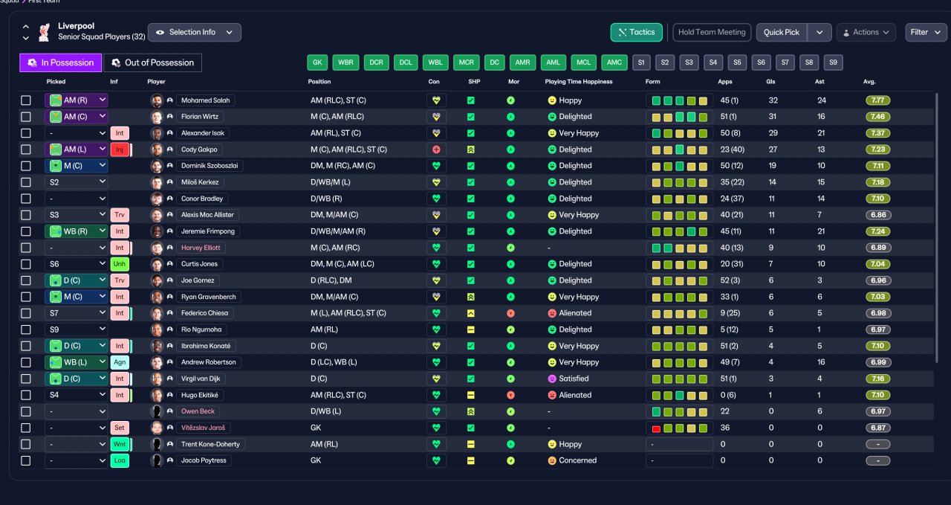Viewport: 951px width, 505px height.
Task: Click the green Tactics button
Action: pyautogui.click(x=636, y=32)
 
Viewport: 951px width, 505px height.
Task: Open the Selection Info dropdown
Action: pyautogui.click(x=195, y=32)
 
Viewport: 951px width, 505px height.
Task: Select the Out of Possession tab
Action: pyautogui.click(x=152, y=62)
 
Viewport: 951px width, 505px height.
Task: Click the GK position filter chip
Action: pyautogui.click(x=317, y=62)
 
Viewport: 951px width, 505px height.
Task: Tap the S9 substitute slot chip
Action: pyautogui.click(x=833, y=62)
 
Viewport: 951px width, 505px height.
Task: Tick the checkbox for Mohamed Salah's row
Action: pyautogui.click(x=26, y=100)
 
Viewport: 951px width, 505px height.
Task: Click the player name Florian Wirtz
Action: pyautogui.click(x=200, y=117)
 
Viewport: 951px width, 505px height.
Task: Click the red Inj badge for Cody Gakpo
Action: pyautogui.click(x=120, y=149)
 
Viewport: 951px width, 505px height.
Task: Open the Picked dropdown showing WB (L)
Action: pyautogui.click(x=77, y=362)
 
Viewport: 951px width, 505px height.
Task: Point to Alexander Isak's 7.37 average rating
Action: pyautogui.click(x=877, y=133)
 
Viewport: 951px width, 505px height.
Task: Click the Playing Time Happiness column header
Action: pyautogui.click(x=579, y=82)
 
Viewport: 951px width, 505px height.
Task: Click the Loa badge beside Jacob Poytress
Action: pyautogui.click(x=120, y=460)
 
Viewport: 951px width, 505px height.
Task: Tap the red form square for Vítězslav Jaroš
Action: pyautogui.click(x=656, y=428)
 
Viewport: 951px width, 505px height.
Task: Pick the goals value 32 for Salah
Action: pyautogui.click(x=773, y=100)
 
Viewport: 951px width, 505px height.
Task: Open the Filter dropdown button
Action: pyautogui.click(x=926, y=32)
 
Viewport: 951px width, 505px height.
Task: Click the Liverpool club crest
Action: pyautogui.click(x=44, y=32)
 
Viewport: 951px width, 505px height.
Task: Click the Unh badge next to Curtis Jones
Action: pyautogui.click(x=120, y=264)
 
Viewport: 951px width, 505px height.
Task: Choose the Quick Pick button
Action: pyautogui.click(x=781, y=32)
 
